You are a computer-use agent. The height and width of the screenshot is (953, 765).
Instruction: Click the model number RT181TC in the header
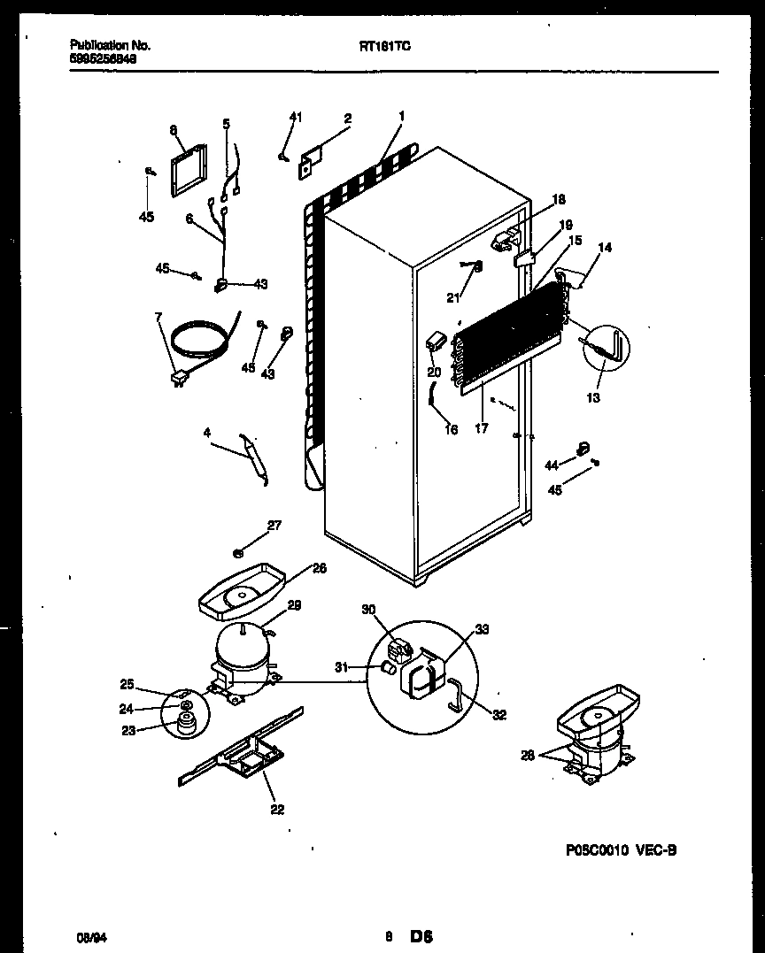(x=384, y=50)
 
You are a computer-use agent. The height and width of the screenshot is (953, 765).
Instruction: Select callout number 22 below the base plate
(x=277, y=809)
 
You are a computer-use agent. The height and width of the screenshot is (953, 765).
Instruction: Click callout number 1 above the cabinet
(x=401, y=116)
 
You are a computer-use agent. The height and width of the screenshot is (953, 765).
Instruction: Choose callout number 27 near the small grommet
(x=274, y=526)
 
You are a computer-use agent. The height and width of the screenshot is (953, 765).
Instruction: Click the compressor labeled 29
(x=239, y=659)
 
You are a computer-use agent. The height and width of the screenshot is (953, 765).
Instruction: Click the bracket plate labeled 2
(x=311, y=162)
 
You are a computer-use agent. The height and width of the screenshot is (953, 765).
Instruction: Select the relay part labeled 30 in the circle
(x=400, y=652)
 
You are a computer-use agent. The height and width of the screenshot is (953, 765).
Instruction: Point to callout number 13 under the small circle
(x=593, y=398)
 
